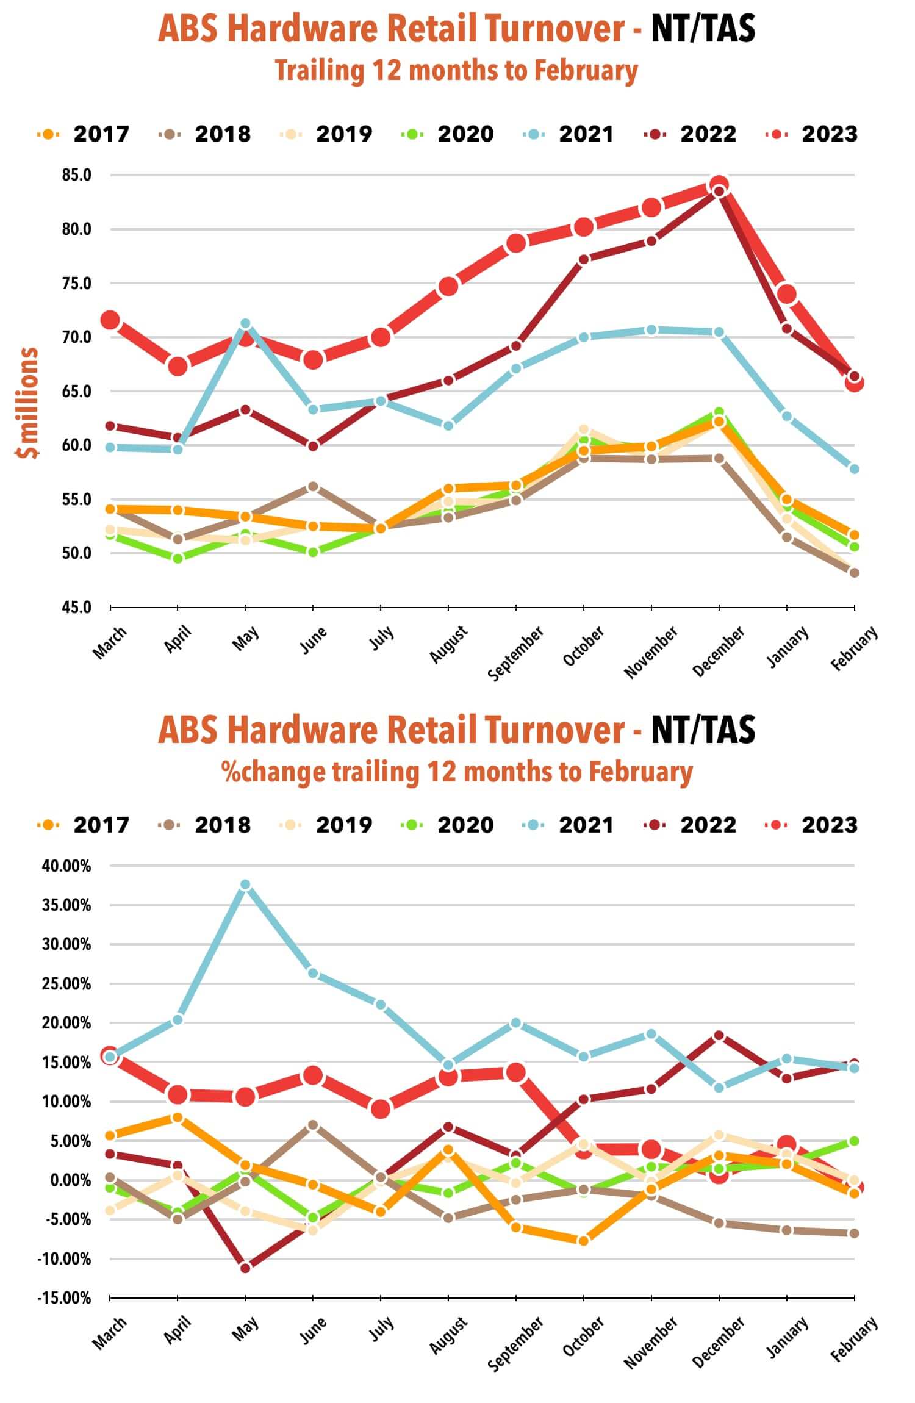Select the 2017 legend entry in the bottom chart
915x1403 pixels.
click(x=84, y=825)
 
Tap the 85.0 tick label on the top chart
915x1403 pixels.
click(x=76, y=175)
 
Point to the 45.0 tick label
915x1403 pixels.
click(x=76, y=607)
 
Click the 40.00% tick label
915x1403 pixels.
click(x=66, y=866)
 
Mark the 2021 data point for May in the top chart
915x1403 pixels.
click(x=245, y=323)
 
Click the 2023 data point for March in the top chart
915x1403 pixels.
click(x=110, y=320)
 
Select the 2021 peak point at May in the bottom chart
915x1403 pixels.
click(x=245, y=884)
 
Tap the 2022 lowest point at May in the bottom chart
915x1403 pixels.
click(x=245, y=1268)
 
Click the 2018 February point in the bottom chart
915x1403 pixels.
click(x=854, y=1233)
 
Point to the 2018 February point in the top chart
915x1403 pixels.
click(x=854, y=573)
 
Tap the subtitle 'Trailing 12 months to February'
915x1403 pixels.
click(x=456, y=71)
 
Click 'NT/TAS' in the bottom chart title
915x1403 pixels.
click(x=703, y=730)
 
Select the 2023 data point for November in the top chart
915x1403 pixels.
click(x=651, y=207)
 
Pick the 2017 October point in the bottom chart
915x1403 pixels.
click(x=584, y=1240)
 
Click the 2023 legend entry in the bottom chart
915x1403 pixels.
click(x=811, y=825)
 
